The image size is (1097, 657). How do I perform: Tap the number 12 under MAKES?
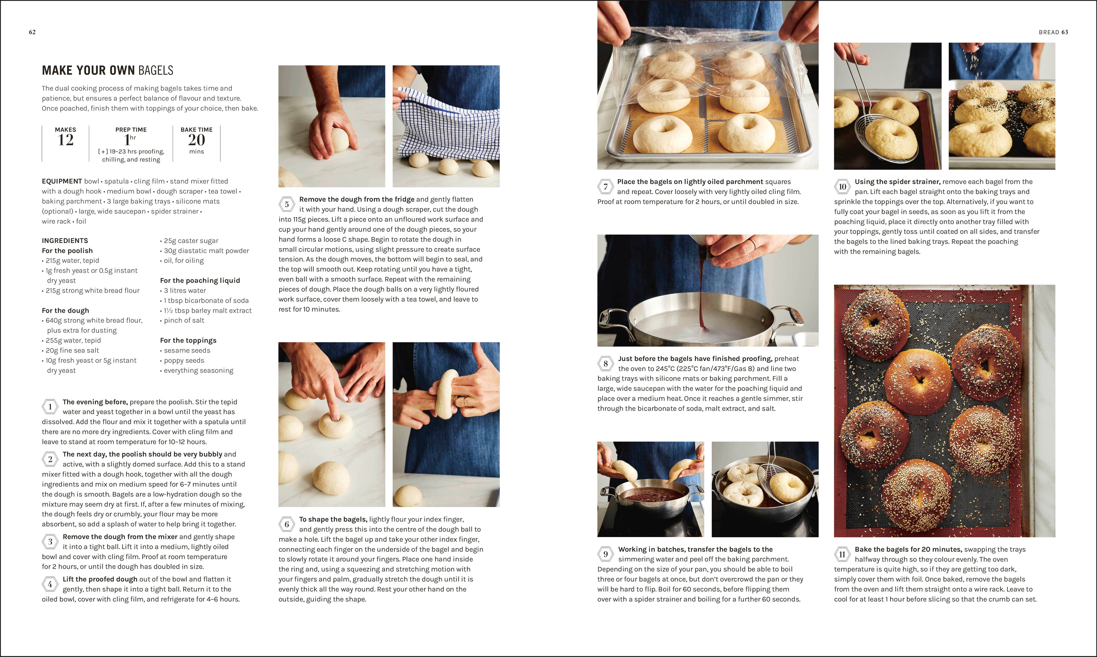click(x=66, y=140)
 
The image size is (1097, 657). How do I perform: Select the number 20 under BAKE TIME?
click(x=196, y=140)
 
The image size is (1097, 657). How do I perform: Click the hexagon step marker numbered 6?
click(x=287, y=524)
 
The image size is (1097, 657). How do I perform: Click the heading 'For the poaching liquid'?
click(x=200, y=280)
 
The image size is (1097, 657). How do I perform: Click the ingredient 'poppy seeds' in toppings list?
click(x=184, y=360)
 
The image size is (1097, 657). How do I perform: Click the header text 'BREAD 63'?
click(x=1053, y=32)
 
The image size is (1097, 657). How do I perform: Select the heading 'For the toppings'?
click(x=188, y=341)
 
